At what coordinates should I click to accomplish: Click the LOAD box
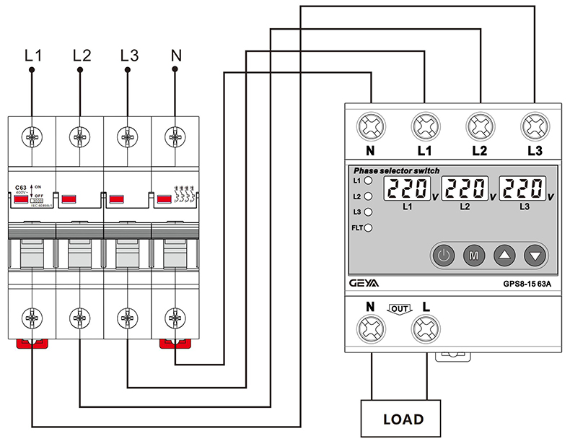click(403, 419)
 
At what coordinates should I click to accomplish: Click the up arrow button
click(504, 255)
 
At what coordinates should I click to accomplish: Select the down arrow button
click(535, 255)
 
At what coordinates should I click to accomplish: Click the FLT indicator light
click(368, 229)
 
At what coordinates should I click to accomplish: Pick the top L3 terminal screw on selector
click(534, 127)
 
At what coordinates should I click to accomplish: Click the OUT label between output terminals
click(399, 308)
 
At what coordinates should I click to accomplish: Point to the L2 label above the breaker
click(82, 54)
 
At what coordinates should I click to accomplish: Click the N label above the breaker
click(175, 54)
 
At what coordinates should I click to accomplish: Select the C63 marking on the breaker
click(20, 187)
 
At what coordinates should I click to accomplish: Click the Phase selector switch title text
click(396, 170)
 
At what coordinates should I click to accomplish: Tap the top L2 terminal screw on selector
click(480, 127)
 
